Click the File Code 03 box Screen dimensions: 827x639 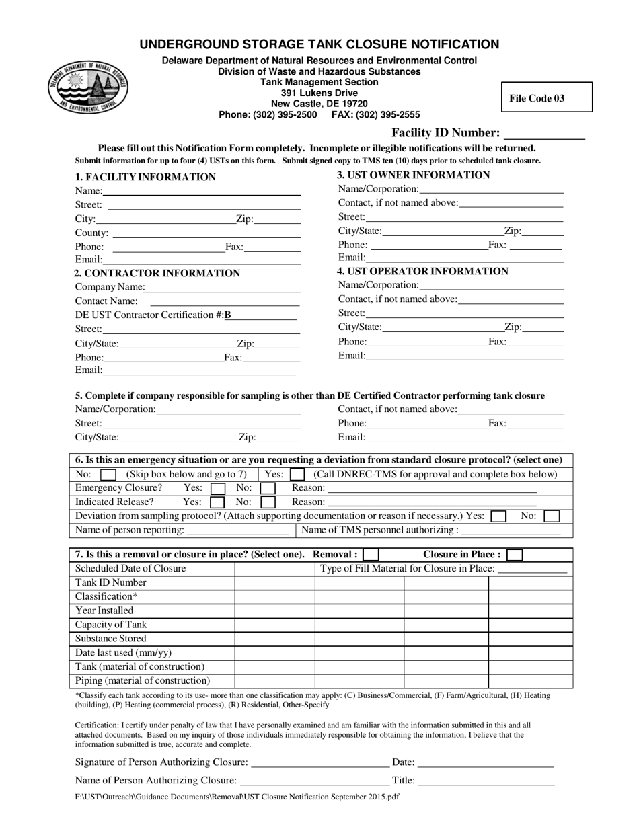click(x=546, y=97)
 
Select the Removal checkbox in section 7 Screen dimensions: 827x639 click(x=371, y=555)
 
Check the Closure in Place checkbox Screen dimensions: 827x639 click(x=514, y=555)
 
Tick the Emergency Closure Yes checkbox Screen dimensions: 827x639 click(x=218, y=488)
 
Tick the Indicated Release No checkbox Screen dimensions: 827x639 click(x=268, y=502)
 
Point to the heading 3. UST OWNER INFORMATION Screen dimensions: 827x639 click(x=413, y=175)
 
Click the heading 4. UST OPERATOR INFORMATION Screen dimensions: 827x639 click(x=422, y=271)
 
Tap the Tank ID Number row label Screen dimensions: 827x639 click(x=110, y=582)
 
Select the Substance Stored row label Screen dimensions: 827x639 click(x=110, y=639)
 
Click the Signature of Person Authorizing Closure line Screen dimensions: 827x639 click(x=319, y=763)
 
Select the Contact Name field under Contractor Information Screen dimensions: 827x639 click(x=225, y=301)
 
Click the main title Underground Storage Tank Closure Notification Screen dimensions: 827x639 click(x=319, y=45)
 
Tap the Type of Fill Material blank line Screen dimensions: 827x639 click(x=531, y=569)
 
